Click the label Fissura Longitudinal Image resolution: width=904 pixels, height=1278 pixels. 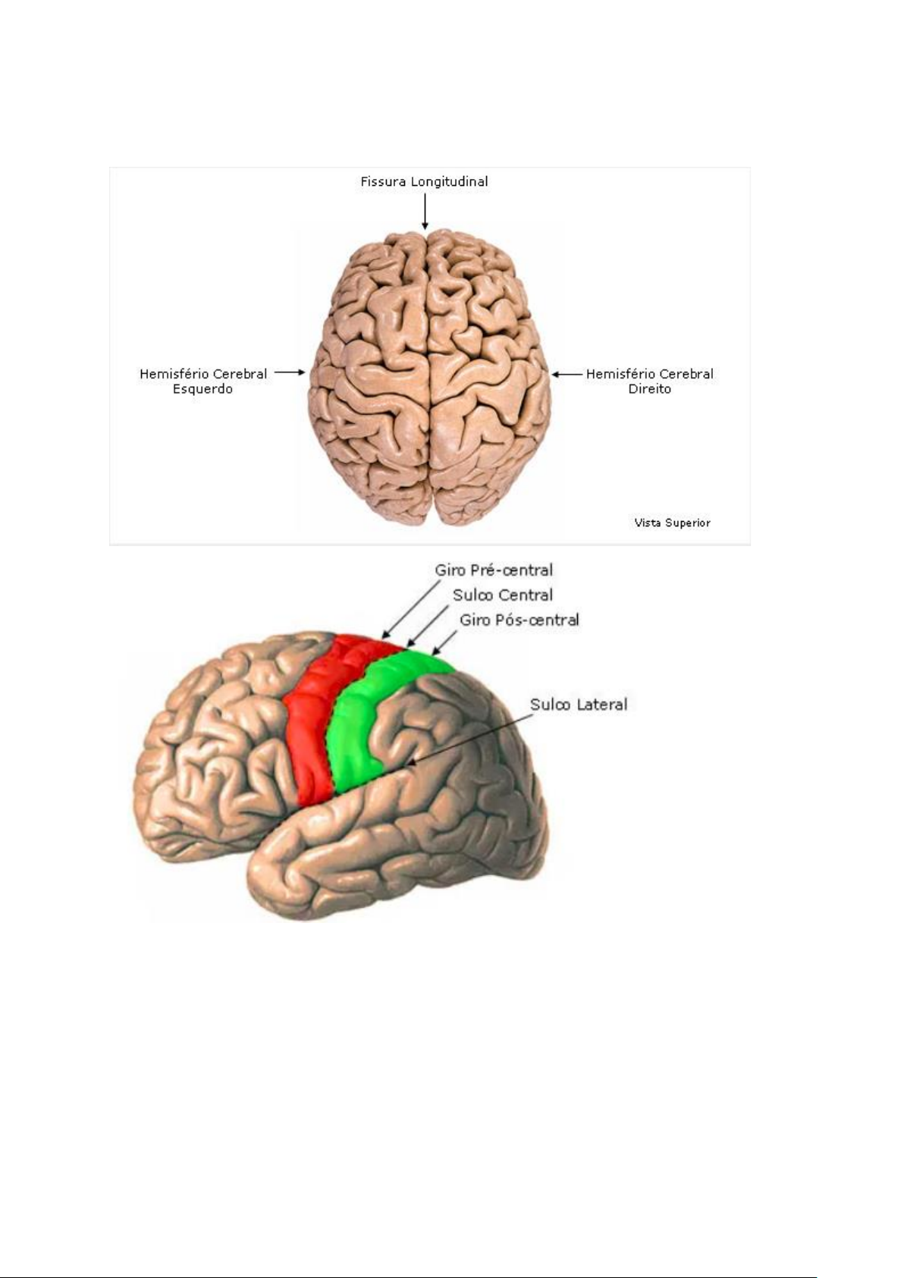pyautogui.click(x=423, y=182)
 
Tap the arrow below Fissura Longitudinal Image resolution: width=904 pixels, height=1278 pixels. pyautogui.click(x=425, y=212)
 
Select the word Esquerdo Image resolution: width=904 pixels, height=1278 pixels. pyautogui.click(x=202, y=389)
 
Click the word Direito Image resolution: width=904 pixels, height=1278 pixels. pyautogui.click(x=649, y=389)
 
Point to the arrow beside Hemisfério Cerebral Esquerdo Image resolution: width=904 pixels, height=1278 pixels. pyautogui.click(x=290, y=372)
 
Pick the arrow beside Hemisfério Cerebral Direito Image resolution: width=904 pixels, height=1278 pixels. pyautogui.click(x=567, y=374)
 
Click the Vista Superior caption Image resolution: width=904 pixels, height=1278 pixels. pyautogui.click(x=672, y=523)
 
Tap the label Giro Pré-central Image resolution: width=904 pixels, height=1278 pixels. pyautogui.click(x=494, y=570)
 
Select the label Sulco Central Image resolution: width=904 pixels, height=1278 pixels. pyautogui.click(x=503, y=595)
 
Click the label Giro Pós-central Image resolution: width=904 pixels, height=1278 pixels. pyautogui.click(x=519, y=620)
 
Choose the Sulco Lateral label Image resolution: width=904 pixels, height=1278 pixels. pyautogui.click(x=579, y=705)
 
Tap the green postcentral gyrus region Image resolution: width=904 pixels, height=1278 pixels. pyautogui.click(x=356, y=728)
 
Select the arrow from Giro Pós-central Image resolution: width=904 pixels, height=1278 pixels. pyautogui.click(x=444, y=642)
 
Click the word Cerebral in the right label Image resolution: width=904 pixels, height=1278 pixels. pyautogui.click(x=686, y=374)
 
